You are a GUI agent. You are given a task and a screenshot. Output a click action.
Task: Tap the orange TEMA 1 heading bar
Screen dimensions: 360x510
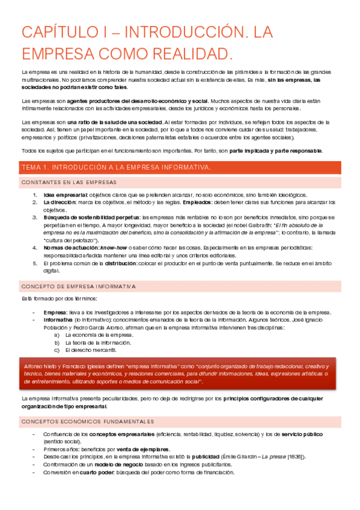point(180,167)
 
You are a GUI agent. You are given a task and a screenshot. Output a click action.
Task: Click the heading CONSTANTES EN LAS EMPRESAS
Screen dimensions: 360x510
point(69,182)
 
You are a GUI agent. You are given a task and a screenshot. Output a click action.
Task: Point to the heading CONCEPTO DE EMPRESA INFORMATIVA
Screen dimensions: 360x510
point(79,286)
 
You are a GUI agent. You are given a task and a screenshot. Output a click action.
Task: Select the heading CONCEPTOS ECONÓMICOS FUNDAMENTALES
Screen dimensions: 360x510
point(88,422)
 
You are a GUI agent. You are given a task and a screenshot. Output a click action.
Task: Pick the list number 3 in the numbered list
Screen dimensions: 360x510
point(35,217)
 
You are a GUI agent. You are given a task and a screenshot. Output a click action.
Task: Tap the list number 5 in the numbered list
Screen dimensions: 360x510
point(35,263)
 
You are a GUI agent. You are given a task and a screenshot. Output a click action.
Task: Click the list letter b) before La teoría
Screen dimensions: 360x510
point(56,342)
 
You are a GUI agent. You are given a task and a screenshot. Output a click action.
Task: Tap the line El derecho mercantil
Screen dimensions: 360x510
point(90,349)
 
